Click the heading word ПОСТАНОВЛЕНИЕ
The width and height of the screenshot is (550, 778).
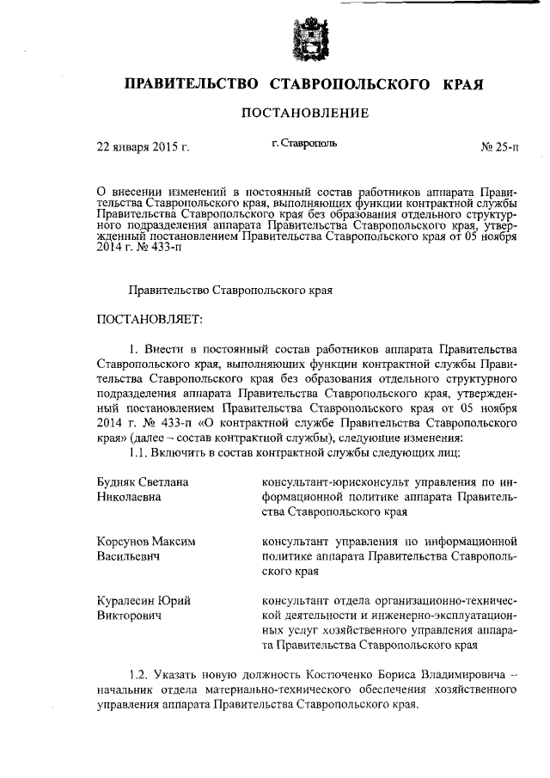pyautogui.click(x=304, y=113)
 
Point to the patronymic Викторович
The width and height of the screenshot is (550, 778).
pyautogui.click(x=131, y=616)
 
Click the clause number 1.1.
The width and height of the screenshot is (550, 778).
pyautogui.click(x=138, y=452)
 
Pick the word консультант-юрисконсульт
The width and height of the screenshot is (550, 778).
pyautogui.click(x=333, y=481)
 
